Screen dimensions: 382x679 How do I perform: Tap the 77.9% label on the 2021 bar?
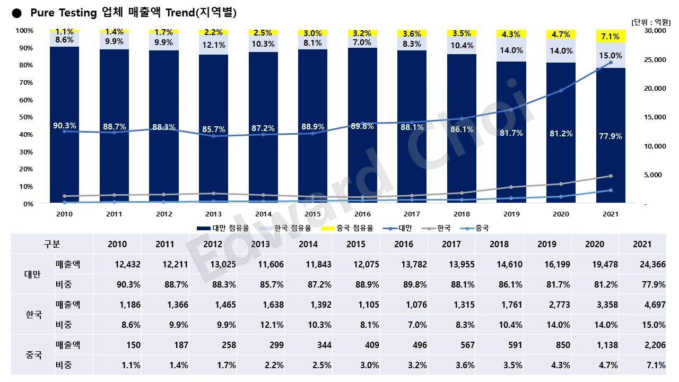click(611, 136)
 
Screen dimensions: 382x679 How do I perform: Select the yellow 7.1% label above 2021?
click(611, 37)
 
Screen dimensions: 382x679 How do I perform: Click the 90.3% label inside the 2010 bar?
click(65, 126)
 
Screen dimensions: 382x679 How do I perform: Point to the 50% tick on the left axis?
click(25, 117)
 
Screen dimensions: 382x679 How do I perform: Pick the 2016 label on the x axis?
click(362, 214)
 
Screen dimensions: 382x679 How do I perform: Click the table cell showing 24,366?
click(652, 264)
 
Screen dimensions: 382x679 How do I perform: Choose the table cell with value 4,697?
click(654, 305)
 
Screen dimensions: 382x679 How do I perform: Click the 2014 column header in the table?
click(308, 244)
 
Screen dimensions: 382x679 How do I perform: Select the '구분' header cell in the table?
click(52, 244)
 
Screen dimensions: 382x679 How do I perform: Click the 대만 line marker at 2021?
click(611, 63)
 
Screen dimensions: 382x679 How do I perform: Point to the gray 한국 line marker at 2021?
click(611, 176)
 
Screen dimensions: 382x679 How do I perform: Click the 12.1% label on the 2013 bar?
click(214, 45)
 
